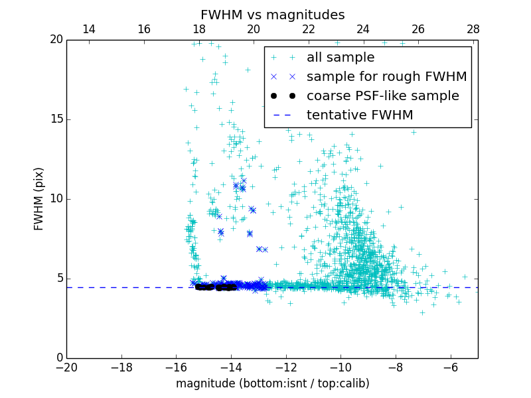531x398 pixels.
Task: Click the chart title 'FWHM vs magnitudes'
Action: point(272,15)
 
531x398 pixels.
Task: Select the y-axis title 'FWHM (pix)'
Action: point(39,199)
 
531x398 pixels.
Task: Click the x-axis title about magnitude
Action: point(272,383)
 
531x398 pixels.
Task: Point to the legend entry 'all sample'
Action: point(341,58)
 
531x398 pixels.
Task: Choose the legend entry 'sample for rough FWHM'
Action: point(386,77)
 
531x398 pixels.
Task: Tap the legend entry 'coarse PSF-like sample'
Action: point(382,96)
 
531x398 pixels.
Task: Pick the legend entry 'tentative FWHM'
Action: point(360,115)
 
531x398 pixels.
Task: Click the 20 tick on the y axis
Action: point(56,40)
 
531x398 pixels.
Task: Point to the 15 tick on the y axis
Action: point(56,119)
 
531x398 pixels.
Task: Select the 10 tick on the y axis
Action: point(56,199)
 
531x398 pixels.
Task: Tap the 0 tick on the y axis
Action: point(58,358)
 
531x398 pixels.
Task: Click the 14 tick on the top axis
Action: point(89,30)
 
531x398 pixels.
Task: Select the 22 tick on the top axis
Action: point(309,30)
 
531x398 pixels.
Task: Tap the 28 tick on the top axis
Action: point(473,30)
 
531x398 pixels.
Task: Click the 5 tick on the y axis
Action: point(58,279)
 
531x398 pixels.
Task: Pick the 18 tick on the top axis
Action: point(199,30)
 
